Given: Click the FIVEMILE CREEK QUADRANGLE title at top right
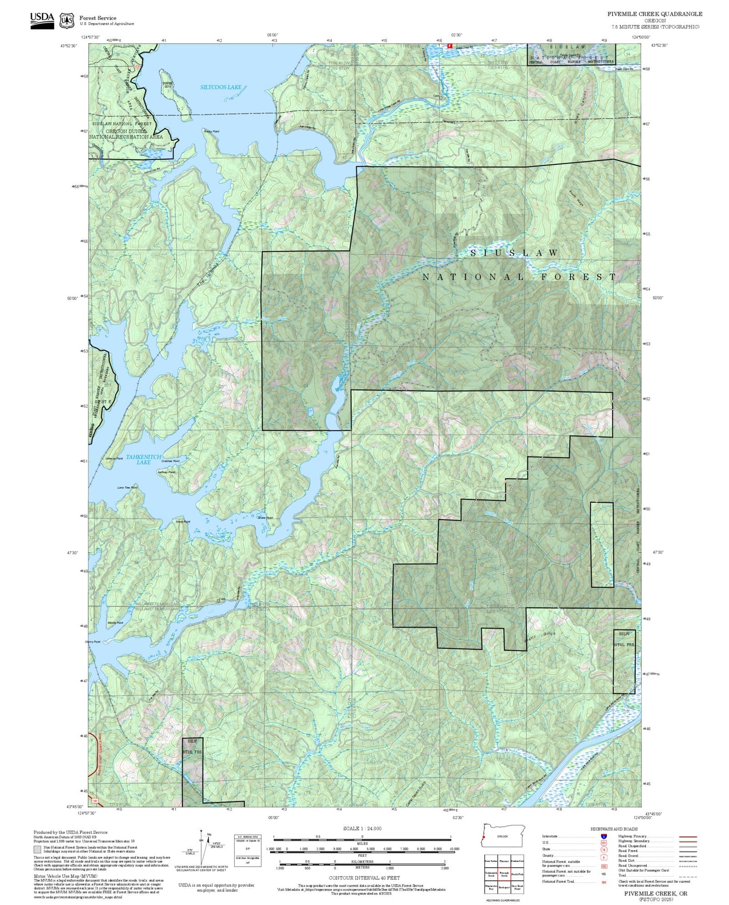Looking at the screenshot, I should [654, 14].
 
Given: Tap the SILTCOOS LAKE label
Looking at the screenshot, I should [220, 87].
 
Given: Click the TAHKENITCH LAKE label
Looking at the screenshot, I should [144, 459].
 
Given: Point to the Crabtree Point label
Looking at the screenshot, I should [171, 461].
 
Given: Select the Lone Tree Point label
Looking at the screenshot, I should [127, 488].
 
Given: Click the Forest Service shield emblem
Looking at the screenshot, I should [67, 21].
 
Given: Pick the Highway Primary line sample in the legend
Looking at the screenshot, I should [688, 836].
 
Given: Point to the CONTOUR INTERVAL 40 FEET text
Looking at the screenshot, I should [364, 878].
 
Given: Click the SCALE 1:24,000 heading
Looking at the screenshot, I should [362, 829].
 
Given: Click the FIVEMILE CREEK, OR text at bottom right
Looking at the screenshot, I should [655, 893].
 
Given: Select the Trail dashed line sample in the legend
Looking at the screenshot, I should [688, 877].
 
